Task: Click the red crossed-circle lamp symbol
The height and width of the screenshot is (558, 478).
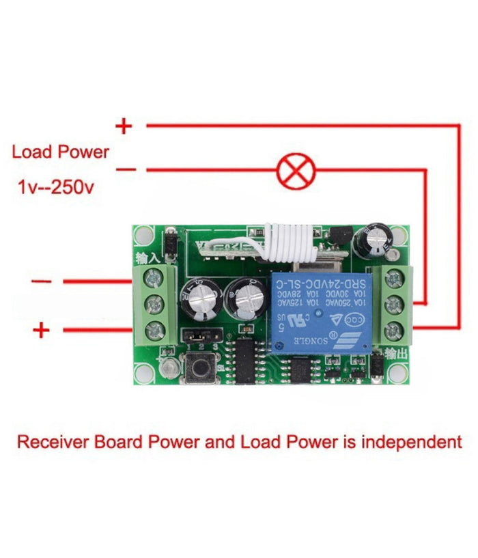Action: [x=296, y=170]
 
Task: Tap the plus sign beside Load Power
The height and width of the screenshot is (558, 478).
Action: [x=124, y=126]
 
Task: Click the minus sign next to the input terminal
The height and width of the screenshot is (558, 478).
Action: [x=42, y=281]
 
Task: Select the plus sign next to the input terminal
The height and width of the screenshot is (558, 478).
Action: [x=42, y=331]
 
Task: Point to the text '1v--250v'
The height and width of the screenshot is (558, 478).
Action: [x=56, y=186]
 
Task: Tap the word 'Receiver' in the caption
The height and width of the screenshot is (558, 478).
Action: [x=53, y=442]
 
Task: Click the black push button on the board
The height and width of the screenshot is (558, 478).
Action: [x=199, y=369]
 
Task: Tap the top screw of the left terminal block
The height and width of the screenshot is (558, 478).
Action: [x=154, y=277]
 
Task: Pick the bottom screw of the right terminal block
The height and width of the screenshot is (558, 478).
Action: [x=393, y=333]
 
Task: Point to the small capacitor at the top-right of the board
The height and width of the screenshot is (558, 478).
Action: [x=377, y=241]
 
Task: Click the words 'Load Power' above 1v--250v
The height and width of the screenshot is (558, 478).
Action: [x=60, y=152]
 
